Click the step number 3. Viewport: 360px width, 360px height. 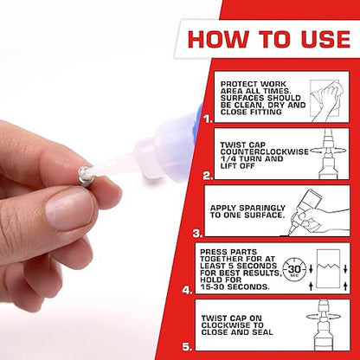(198, 232)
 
